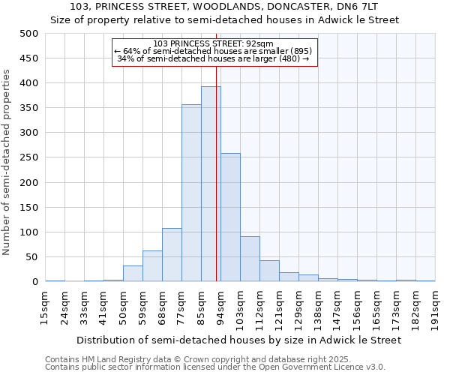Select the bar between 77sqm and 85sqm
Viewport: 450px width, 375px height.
point(191,193)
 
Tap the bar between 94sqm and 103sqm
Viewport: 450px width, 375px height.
point(230,217)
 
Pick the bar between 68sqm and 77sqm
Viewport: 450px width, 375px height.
point(172,255)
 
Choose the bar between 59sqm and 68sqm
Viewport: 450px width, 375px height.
point(152,266)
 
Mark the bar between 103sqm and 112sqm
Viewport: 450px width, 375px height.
point(250,259)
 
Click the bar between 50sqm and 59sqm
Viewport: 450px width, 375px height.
point(133,274)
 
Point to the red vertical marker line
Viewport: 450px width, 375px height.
point(217,150)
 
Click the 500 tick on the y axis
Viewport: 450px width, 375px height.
point(28,34)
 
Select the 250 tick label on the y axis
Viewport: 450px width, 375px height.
point(28,158)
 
